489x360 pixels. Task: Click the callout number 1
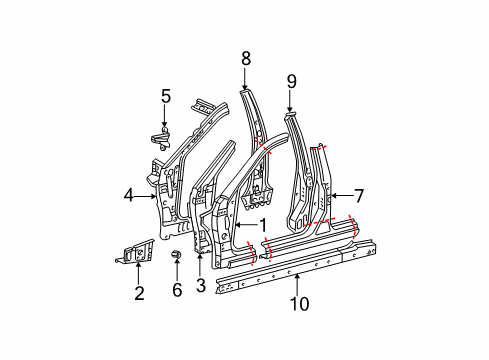tap(264, 225)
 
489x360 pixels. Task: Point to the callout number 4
tap(128, 196)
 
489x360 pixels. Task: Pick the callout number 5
tap(166, 96)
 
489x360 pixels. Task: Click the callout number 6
tap(177, 291)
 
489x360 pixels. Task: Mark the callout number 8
tap(245, 59)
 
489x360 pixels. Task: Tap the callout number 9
tap(291, 81)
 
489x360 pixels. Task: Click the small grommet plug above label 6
tap(176, 258)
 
